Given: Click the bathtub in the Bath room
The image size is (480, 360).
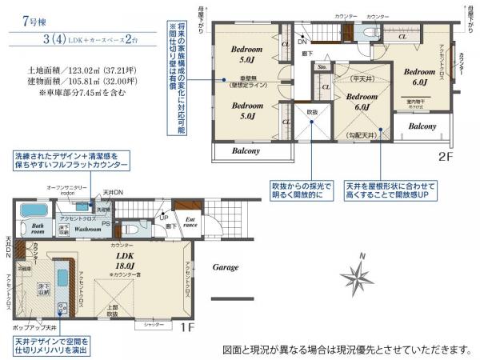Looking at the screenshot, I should pos(33,210).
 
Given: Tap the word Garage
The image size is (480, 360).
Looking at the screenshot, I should pos(225,268).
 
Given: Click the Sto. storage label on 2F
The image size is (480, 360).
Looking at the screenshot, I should pos(322,68).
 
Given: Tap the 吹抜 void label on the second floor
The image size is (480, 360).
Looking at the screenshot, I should pos(312,113).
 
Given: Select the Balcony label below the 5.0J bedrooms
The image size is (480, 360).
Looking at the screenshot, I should pos(246,150).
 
